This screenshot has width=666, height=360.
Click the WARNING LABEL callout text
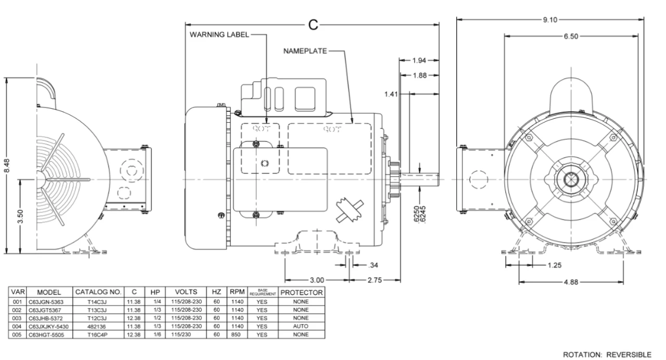coord(219,35)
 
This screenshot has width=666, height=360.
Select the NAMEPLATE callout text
coord(305,51)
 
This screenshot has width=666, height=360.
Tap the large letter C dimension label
coord(313,24)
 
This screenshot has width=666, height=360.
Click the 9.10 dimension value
coord(550,20)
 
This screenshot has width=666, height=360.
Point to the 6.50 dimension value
coord(570,36)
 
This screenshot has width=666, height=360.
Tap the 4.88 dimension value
coord(571,282)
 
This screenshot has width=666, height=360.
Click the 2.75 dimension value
coord(375,280)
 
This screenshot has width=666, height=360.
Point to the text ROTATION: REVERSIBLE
coord(607,354)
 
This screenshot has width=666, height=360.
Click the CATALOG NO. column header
coord(98,292)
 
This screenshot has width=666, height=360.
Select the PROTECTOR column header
coord(302,292)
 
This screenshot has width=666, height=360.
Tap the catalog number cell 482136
coord(98,326)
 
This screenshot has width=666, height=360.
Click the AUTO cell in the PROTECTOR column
coord(301,326)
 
